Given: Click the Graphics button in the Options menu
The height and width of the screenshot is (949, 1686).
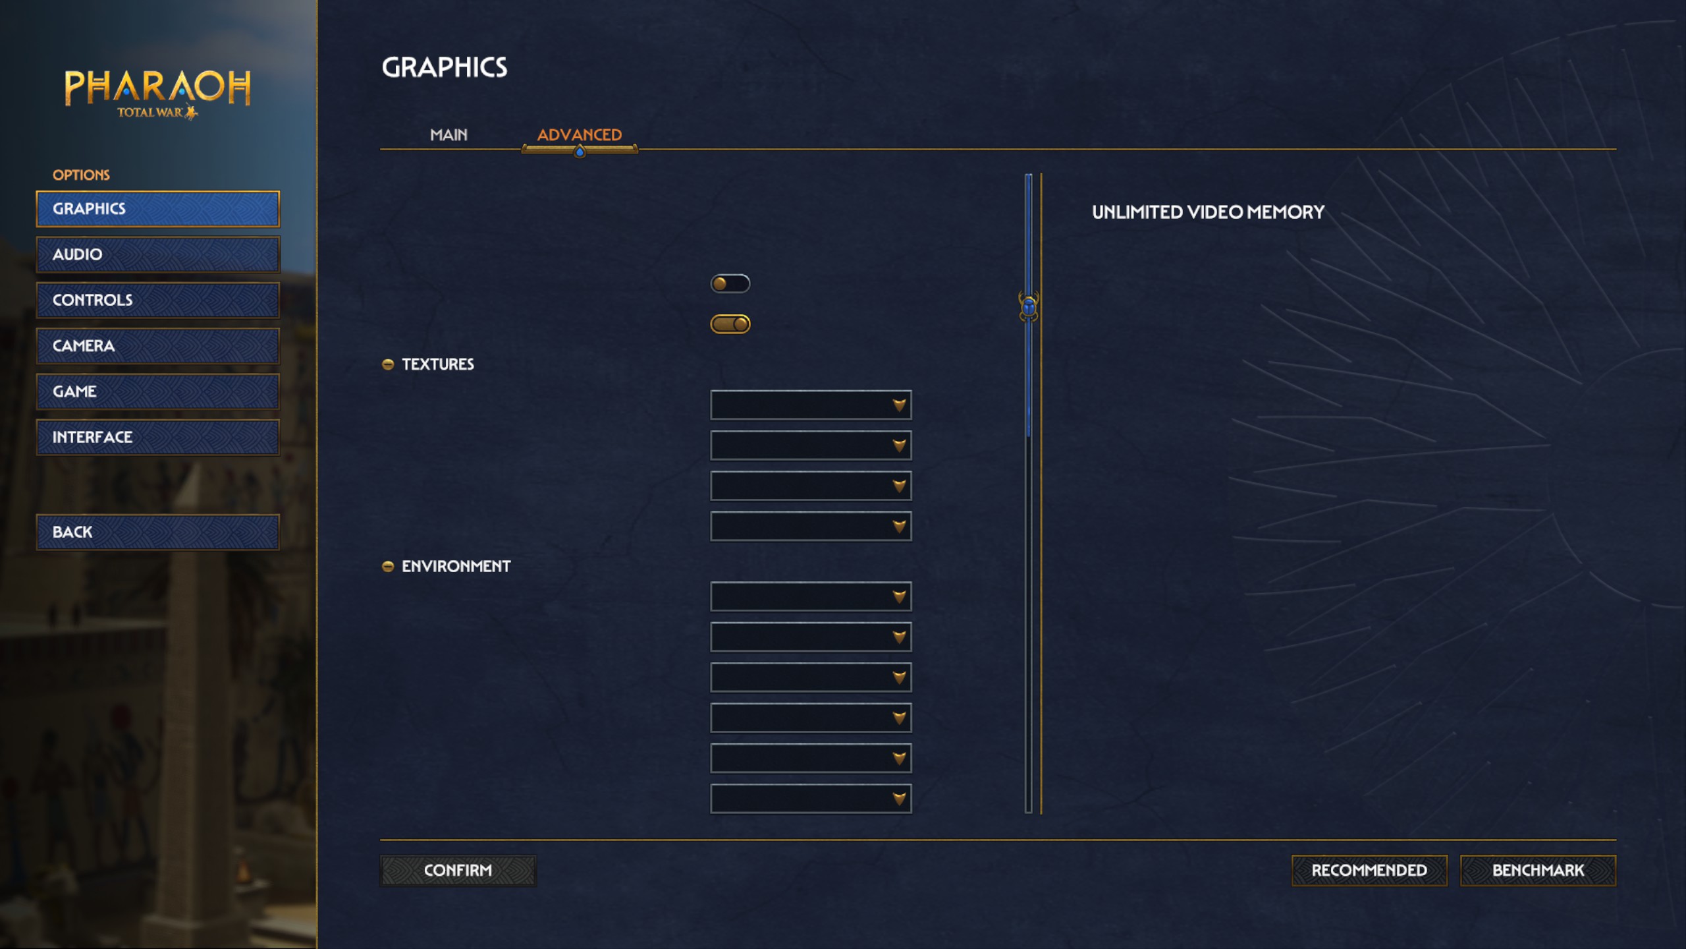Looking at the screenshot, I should (x=157, y=209).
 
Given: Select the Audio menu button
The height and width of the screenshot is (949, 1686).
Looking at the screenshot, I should (x=157, y=254).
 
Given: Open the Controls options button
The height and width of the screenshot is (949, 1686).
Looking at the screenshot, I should (x=157, y=300).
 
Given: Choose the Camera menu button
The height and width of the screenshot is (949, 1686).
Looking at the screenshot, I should (x=157, y=346).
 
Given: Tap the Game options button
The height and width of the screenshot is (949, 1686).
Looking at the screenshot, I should (x=157, y=391).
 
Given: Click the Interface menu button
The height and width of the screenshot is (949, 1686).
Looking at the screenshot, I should (x=157, y=437).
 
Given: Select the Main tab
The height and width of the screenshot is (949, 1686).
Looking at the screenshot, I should (x=449, y=135).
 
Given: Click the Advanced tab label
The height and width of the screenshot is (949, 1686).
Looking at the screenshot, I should (x=579, y=135).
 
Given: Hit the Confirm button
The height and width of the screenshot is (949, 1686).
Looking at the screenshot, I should (x=458, y=871).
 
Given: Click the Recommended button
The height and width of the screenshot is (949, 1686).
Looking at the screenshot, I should (x=1369, y=871).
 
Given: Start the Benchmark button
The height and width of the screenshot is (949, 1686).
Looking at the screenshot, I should (x=1537, y=871).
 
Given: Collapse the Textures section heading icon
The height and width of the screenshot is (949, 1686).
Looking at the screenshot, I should (x=388, y=364).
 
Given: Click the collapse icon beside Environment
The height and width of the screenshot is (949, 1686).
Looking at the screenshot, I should (x=388, y=567).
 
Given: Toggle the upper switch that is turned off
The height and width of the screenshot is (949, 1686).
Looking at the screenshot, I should (x=730, y=283).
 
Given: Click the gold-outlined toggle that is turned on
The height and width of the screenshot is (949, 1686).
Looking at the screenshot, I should (x=730, y=324).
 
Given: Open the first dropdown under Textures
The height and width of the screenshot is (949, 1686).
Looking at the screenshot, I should (x=810, y=405).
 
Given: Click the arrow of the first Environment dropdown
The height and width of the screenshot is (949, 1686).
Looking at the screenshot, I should (x=899, y=597).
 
